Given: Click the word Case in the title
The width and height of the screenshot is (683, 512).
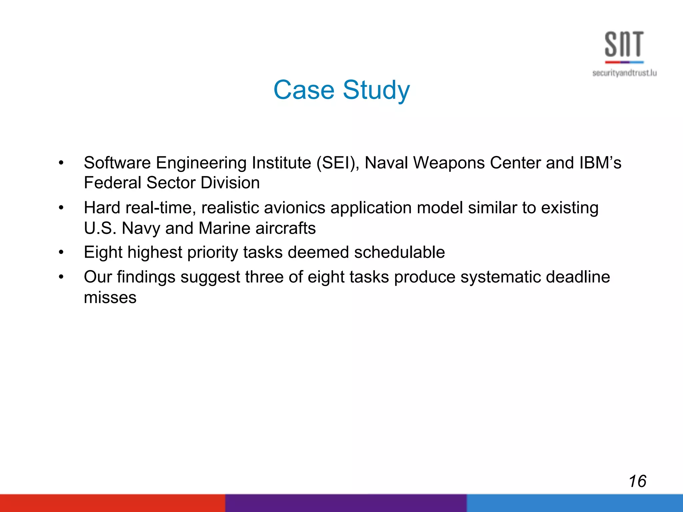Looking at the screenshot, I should coord(303,90).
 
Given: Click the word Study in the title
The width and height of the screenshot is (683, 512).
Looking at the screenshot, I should coord(376,91).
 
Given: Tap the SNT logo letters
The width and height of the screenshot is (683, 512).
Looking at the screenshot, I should coord(624,44).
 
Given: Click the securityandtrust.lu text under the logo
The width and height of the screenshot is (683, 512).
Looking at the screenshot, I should coord(624,73).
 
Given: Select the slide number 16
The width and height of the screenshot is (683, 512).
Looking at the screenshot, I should coord(637,481).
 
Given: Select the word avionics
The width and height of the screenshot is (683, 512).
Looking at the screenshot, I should coord(294,208).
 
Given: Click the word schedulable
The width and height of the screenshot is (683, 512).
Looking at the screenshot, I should coord(399,252).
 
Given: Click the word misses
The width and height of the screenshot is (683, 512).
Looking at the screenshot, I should coord(110,298).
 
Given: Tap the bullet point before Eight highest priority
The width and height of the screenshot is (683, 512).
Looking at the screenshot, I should coord(61,253).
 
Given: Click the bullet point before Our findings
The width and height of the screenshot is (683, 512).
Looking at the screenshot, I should coord(61,277).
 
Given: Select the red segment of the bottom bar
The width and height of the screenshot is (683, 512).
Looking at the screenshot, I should coord(112,503).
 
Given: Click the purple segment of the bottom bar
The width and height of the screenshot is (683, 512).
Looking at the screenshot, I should coord(346,503).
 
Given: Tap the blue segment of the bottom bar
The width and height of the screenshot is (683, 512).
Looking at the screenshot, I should coord(574,503).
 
